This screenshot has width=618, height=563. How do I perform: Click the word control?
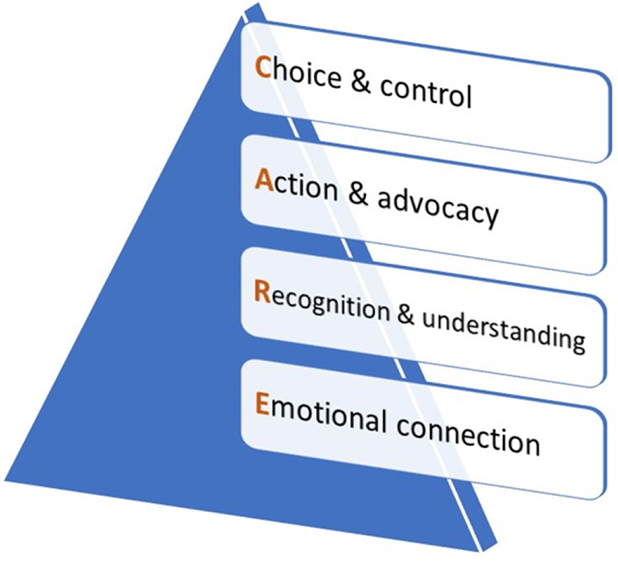coord(425,91)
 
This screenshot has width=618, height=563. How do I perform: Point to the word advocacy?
coord(438,207)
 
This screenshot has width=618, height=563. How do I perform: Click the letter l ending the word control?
coord(468,95)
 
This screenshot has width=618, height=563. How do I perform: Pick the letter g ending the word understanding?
coord(578,341)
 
